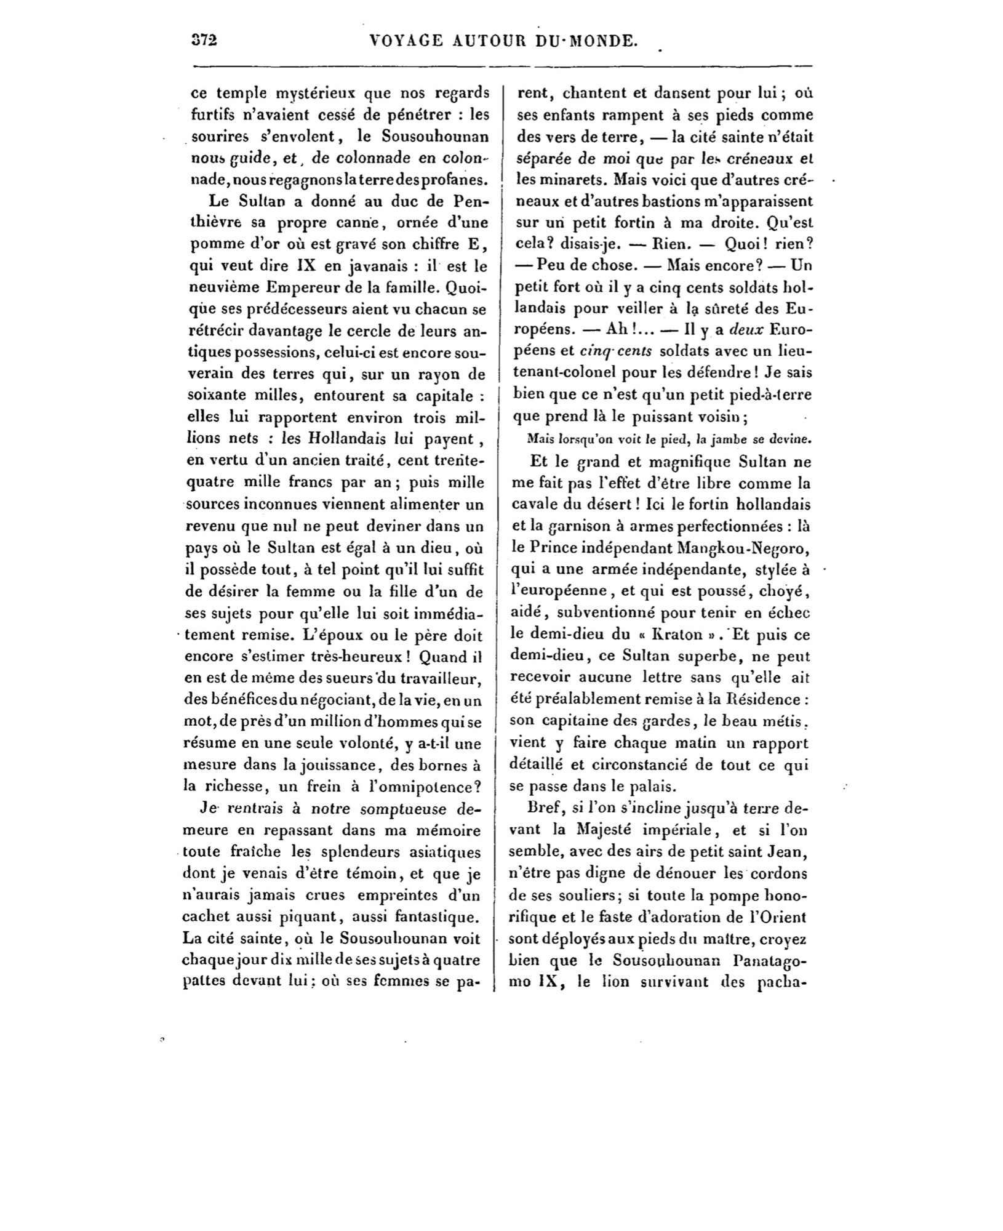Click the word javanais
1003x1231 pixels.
360,266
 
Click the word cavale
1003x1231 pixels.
535,504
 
